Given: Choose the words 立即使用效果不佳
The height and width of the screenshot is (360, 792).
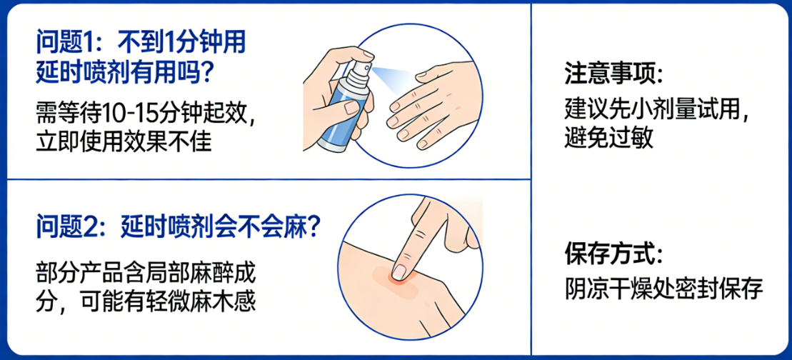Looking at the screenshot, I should point(124,141).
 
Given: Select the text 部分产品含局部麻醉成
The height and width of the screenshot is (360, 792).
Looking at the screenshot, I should point(145,272).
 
